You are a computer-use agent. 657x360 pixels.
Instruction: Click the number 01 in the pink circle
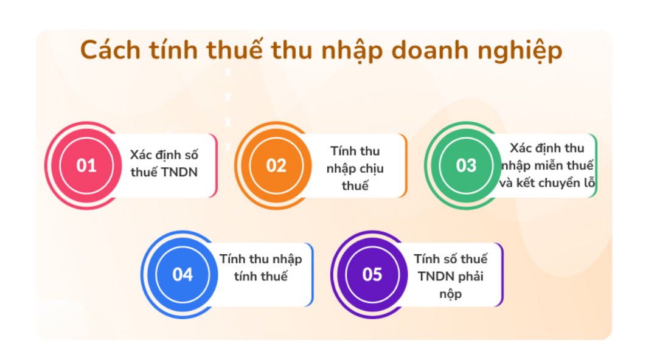tap(86, 165)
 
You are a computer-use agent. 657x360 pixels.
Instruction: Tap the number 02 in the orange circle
tap(276, 165)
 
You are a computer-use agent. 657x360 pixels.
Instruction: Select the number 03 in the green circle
tap(466, 165)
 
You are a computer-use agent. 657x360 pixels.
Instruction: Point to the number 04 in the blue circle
tap(182, 274)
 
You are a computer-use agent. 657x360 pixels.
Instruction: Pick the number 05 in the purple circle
tap(372, 274)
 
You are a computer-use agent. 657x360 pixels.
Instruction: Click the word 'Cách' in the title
tap(109, 50)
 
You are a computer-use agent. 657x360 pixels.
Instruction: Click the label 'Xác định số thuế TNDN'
tap(164, 164)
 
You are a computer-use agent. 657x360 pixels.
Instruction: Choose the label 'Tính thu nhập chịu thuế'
tap(355, 168)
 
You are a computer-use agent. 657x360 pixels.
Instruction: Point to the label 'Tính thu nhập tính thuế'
tap(261, 267)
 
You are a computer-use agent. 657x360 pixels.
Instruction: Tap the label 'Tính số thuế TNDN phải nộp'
tap(451, 276)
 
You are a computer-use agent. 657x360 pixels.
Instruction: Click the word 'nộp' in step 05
tap(451, 294)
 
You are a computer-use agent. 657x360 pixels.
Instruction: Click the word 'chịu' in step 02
tap(372, 168)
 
